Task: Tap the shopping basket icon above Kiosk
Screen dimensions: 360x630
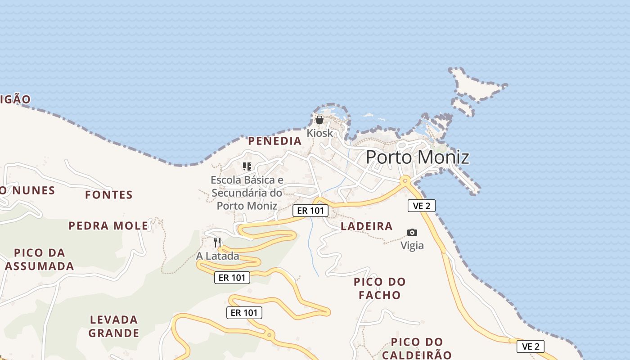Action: (x=319, y=120)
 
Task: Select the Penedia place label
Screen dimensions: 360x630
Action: (x=275, y=141)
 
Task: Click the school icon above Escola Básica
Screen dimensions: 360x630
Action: (x=247, y=166)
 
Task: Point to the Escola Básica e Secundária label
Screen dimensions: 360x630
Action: (x=247, y=193)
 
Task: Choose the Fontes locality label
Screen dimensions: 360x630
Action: (x=109, y=195)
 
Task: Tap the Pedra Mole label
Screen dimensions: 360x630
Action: (x=108, y=225)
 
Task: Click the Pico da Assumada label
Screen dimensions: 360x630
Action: (x=40, y=259)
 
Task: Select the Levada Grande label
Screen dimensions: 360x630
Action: (x=114, y=326)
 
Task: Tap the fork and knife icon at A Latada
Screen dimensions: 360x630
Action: (x=217, y=243)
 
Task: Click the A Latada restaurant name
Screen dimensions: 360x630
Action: (x=217, y=256)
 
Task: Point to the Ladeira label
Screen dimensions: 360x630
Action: (x=367, y=226)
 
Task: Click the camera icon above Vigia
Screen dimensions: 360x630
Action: (x=412, y=232)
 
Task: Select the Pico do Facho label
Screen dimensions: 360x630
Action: (x=380, y=288)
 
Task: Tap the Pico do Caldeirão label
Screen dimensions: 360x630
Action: (x=417, y=348)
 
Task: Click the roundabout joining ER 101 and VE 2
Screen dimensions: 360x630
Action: (x=405, y=180)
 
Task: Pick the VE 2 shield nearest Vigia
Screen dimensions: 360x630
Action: (x=422, y=206)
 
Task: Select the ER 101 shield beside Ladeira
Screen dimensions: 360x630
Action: (x=310, y=210)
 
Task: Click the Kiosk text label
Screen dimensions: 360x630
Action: (x=320, y=133)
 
